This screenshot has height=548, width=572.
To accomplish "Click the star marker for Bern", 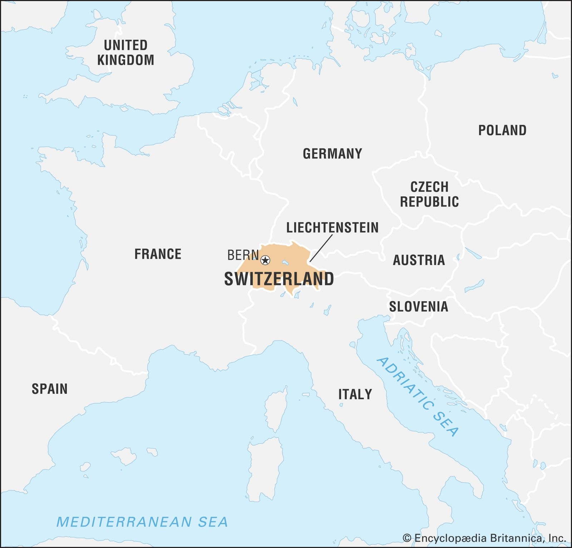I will pos(265,260).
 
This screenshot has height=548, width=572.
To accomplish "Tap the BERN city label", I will pos(243,255).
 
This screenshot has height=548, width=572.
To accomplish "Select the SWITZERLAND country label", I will pos(279,279).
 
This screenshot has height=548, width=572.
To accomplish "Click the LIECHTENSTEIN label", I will pos(332,227).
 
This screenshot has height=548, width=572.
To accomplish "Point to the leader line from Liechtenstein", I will pos(321,248).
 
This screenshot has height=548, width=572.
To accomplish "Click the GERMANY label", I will pos(332,154).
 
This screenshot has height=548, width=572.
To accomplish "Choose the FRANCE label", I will pos(158,254).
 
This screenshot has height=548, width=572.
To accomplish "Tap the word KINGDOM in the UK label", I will pos(125,60).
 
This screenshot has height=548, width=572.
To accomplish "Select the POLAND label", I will pos(502,130).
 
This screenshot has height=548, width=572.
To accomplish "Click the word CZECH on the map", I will pos(429,187).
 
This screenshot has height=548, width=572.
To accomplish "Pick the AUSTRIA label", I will pos(419,260).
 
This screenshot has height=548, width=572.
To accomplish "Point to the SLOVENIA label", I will pos(418,307).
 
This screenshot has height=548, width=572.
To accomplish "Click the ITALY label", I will pos(355,394).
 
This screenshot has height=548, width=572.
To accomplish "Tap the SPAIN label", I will pos(49,389).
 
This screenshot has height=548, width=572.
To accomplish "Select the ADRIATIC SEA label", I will pos(417,396).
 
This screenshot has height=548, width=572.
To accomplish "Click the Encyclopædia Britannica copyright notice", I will pos(484,538).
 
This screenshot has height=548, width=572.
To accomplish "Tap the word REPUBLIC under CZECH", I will pos(429,202).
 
